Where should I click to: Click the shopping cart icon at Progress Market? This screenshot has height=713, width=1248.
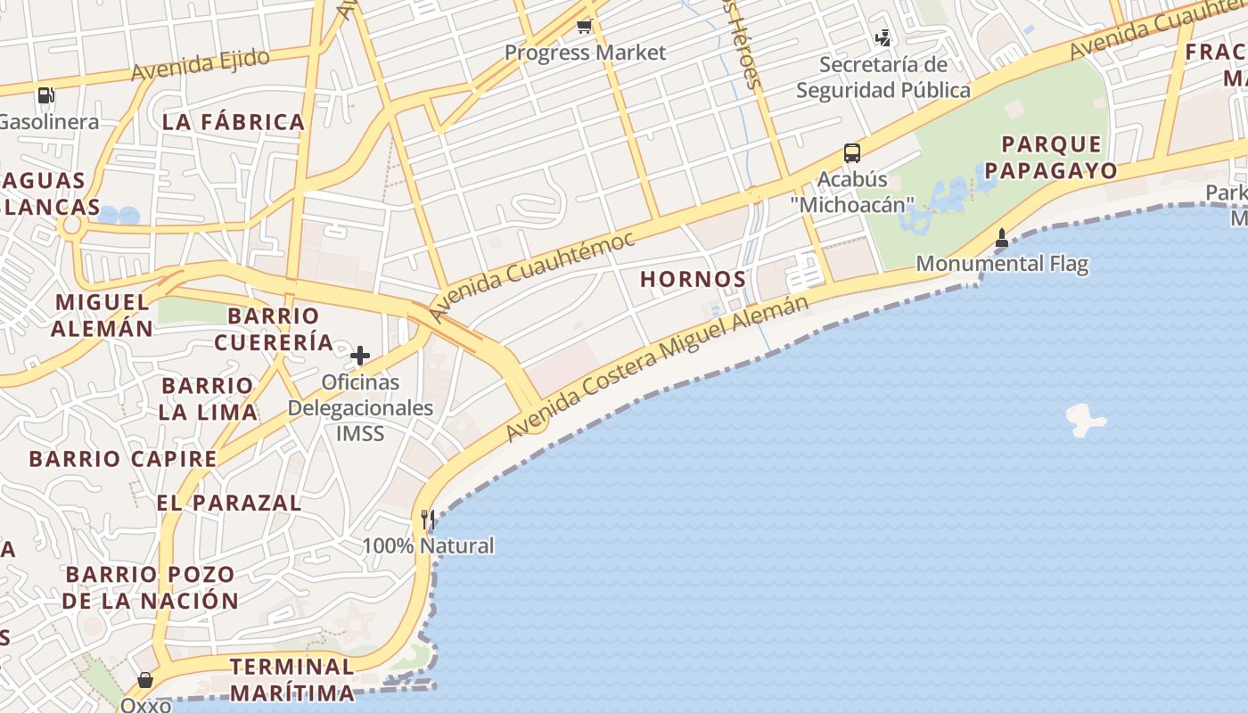point(584,26)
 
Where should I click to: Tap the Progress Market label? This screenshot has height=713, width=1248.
point(585,53)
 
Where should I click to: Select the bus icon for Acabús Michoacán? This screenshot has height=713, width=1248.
point(852,153)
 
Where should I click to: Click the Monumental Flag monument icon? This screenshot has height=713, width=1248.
point(1002,238)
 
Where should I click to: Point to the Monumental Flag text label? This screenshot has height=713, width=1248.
point(1002,264)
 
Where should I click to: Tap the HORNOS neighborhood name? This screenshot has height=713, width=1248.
point(693,279)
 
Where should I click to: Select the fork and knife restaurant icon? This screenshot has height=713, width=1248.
point(428,520)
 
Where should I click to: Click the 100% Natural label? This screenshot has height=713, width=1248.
point(428,545)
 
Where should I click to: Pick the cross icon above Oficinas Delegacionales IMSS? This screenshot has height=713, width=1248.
point(360,356)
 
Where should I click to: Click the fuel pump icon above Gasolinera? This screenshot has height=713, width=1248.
point(45,94)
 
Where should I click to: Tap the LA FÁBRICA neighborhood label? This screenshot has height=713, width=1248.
point(234,122)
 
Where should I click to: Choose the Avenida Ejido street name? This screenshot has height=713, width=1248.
point(200,65)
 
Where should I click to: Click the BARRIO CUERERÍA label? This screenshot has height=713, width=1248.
point(274,329)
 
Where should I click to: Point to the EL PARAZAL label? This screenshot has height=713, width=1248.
point(229,503)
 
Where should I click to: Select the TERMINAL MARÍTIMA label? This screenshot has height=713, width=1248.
point(291,679)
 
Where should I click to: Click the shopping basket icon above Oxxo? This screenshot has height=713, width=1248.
point(144,681)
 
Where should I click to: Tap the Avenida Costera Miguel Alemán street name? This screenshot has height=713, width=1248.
point(657,367)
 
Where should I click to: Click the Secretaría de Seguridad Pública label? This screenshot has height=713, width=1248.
point(883,78)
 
